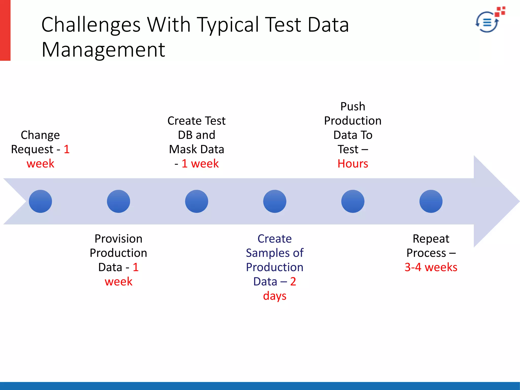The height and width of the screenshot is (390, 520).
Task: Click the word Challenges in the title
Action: tap(91, 25)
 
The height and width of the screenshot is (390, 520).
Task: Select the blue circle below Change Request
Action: tap(40, 201)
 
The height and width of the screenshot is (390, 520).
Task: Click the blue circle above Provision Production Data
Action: tap(118, 201)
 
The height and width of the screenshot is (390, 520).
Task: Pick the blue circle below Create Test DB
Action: tap(197, 201)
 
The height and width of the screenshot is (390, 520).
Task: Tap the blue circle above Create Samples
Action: tap(275, 201)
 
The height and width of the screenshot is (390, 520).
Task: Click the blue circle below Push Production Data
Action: tap(353, 201)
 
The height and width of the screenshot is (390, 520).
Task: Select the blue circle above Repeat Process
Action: tap(431, 201)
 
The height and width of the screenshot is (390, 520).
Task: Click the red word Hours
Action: tap(353, 164)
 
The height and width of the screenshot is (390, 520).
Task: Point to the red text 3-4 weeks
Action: tap(431, 267)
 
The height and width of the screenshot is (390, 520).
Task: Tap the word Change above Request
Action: tap(40, 135)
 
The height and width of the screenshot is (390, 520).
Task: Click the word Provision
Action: tap(118, 239)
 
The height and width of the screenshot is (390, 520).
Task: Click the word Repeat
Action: tap(431, 239)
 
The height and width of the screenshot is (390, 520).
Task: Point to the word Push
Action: tap(353, 106)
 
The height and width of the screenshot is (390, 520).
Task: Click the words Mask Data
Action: tap(197, 149)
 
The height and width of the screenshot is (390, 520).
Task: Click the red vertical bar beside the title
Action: tap(5, 30)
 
